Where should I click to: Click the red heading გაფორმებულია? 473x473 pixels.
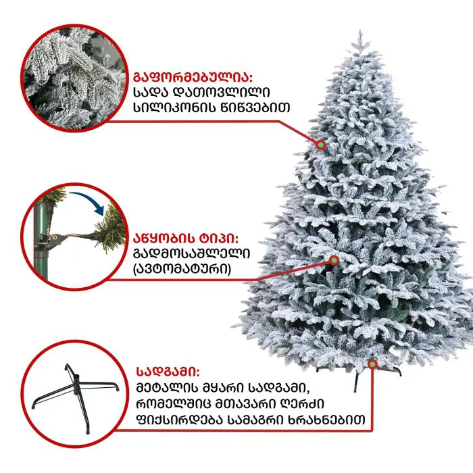193,77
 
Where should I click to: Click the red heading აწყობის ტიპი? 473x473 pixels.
186,239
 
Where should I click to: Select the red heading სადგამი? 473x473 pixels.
168,372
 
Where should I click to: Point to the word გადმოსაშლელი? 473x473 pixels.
191,253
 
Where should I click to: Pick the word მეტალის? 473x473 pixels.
167,388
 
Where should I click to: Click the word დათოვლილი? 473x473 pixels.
222,92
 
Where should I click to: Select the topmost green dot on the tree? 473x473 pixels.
321,145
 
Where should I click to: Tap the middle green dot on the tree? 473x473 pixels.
334,259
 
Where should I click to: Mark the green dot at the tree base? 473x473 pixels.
372,364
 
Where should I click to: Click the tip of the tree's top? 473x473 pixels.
360,30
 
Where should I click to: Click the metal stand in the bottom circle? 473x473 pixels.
76,397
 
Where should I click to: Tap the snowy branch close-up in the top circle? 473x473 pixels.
74,78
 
